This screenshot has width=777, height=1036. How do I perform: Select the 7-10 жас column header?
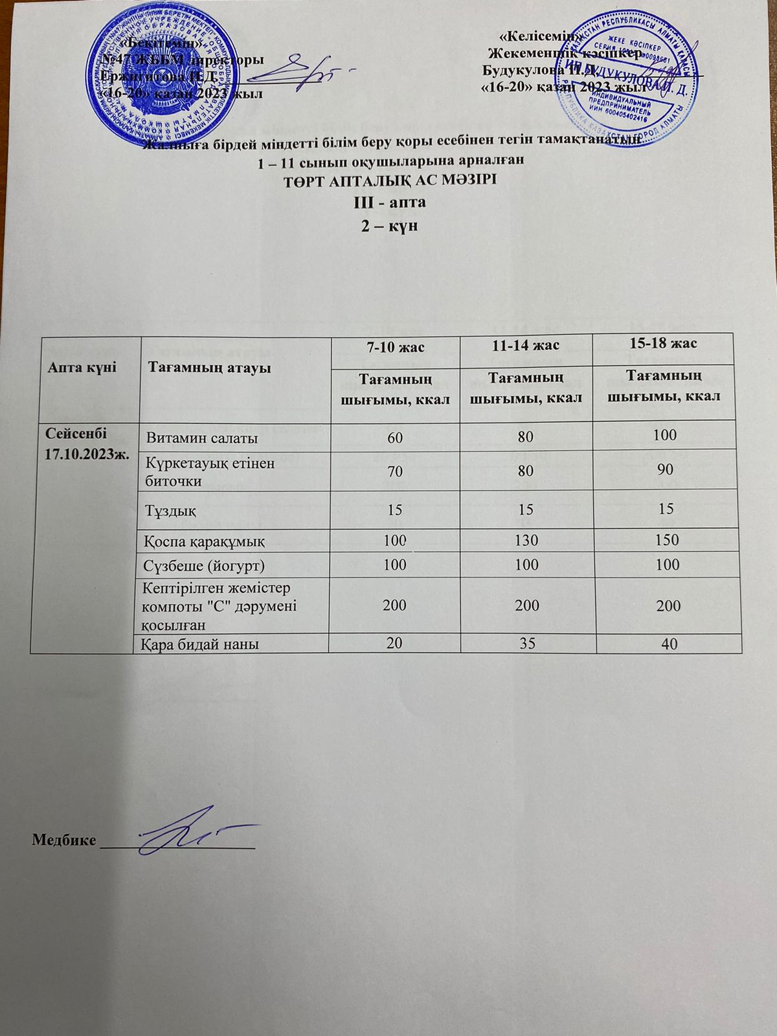pyautogui.click(x=395, y=348)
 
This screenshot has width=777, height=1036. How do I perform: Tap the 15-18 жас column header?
pyautogui.click(x=666, y=343)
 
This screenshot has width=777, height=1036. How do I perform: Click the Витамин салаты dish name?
pyautogui.click(x=203, y=438)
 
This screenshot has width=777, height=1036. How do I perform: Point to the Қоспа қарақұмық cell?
pyautogui.click(x=205, y=540)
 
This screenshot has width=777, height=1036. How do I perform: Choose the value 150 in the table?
pyautogui.click(x=667, y=539)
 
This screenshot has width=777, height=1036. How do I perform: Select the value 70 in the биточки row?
pyautogui.click(x=395, y=471)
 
